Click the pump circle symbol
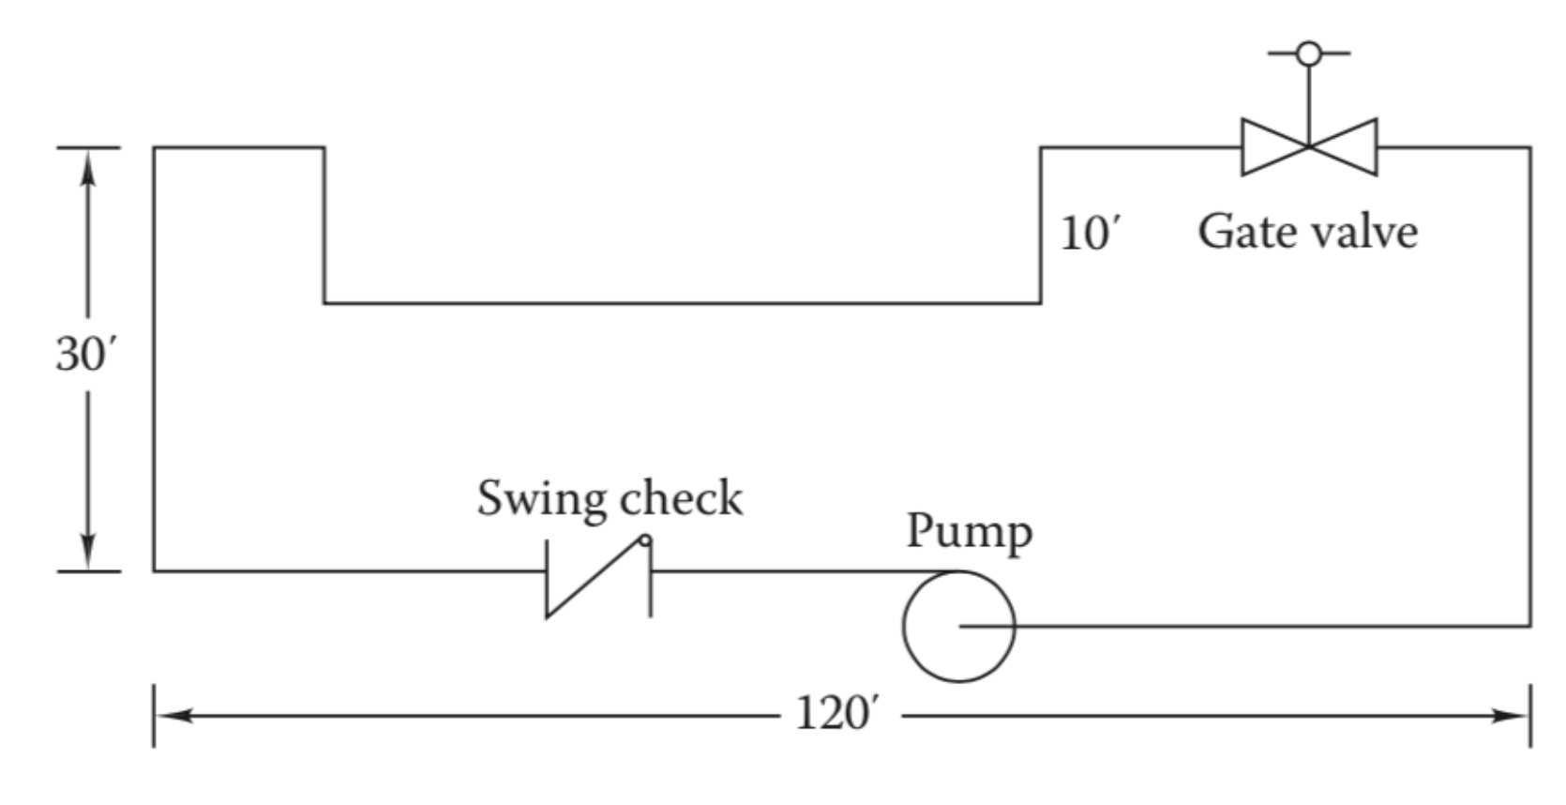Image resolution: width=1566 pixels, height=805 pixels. pyautogui.click(x=958, y=626)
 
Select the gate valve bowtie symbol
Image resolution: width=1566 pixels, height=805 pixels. pyautogui.click(x=1309, y=147)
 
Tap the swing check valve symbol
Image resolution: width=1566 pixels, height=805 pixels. pyautogui.click(x=598, y=576)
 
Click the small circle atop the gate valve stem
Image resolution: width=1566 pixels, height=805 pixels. pyautogui.click(x=1309, y=53)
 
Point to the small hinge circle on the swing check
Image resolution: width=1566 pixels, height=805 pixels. pyautogui.click(x=645, y=541)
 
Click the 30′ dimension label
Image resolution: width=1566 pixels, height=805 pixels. pyautogui.click(x=85, y=355)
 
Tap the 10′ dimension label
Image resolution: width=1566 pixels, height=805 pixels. pyautogui.click(x=1091, y=233)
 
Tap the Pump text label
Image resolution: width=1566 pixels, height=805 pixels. pyautogui.click(x=969, y=532)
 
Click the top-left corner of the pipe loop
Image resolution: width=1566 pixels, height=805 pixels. pyautogui.click(x=155, y=148)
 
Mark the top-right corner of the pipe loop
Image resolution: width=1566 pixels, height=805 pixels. pyautogui.click(x=1529, y=148)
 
